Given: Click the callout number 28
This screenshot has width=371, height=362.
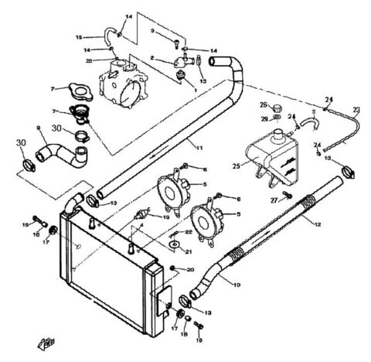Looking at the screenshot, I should pos(89,61).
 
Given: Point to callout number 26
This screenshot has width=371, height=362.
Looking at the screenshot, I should pos(263,105).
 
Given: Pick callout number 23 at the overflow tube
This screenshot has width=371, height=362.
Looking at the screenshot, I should pos(357,109).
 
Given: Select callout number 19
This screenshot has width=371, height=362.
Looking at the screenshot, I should pos(165,218).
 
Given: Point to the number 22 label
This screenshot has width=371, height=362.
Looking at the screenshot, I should pos(187,232).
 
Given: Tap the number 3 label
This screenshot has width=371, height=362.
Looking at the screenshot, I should pos(152,29).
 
